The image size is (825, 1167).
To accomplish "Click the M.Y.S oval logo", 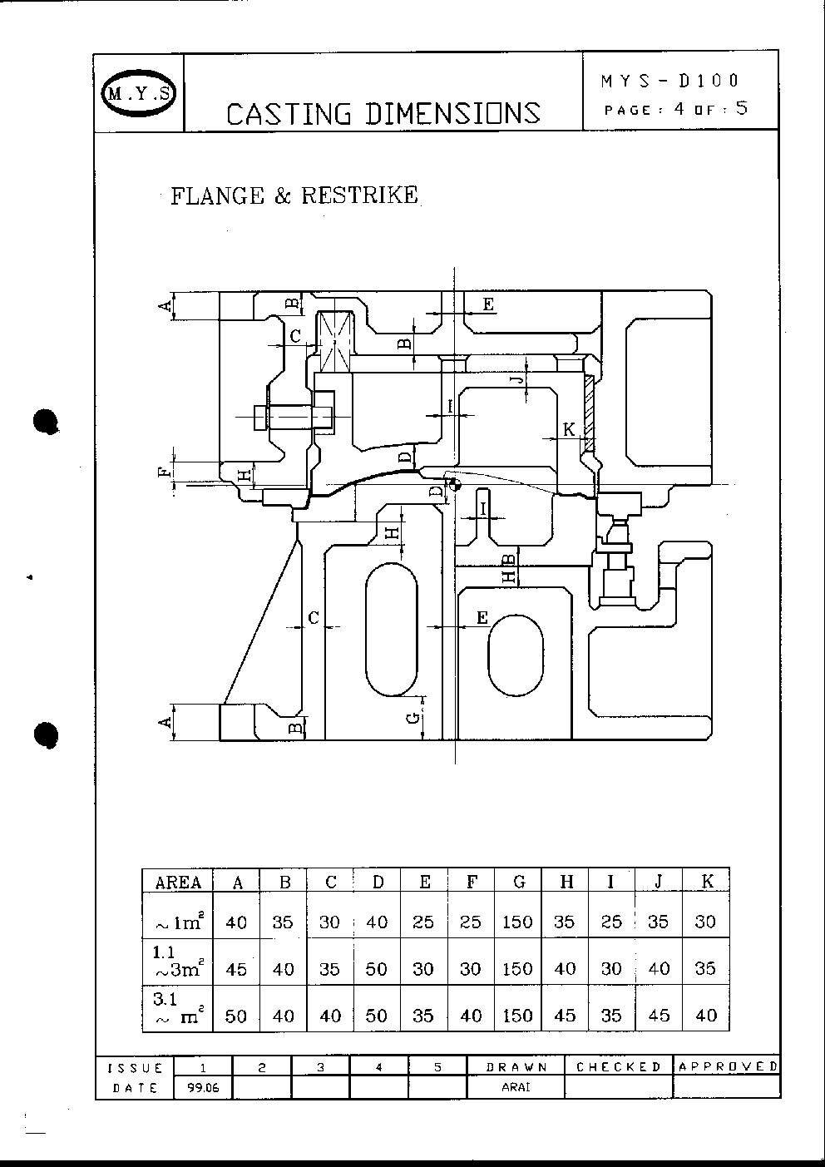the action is (139, 93).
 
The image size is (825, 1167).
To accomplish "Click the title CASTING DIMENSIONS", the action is (383, 114).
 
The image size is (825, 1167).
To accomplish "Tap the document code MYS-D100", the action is (669, 81).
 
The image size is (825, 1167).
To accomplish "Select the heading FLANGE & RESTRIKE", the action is (294, 195).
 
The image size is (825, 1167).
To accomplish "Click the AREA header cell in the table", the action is (178, 883).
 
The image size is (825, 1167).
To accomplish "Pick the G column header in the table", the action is (519, 882).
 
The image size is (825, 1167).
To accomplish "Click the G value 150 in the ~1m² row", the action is (517, 922).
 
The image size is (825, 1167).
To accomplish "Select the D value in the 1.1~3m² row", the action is (376, 969).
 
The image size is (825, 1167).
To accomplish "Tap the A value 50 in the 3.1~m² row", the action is (235, 1016).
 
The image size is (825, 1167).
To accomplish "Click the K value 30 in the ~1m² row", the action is (705, 922).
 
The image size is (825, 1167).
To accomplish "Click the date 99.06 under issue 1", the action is (203, 1088).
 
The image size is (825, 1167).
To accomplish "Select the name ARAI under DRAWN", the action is (516, 1087).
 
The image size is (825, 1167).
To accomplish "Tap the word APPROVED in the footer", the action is (729, 1066).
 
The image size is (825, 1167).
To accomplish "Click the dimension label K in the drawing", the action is (569, 429).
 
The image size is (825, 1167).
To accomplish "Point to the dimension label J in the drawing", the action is (517, 379).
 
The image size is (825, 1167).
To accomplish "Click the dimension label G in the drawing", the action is (412, 719).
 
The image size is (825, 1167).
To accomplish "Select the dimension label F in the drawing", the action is (164, 472).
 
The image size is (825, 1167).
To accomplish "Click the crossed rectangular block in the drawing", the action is (334, 342).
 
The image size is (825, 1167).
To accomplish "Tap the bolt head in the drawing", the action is (260, 418).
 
